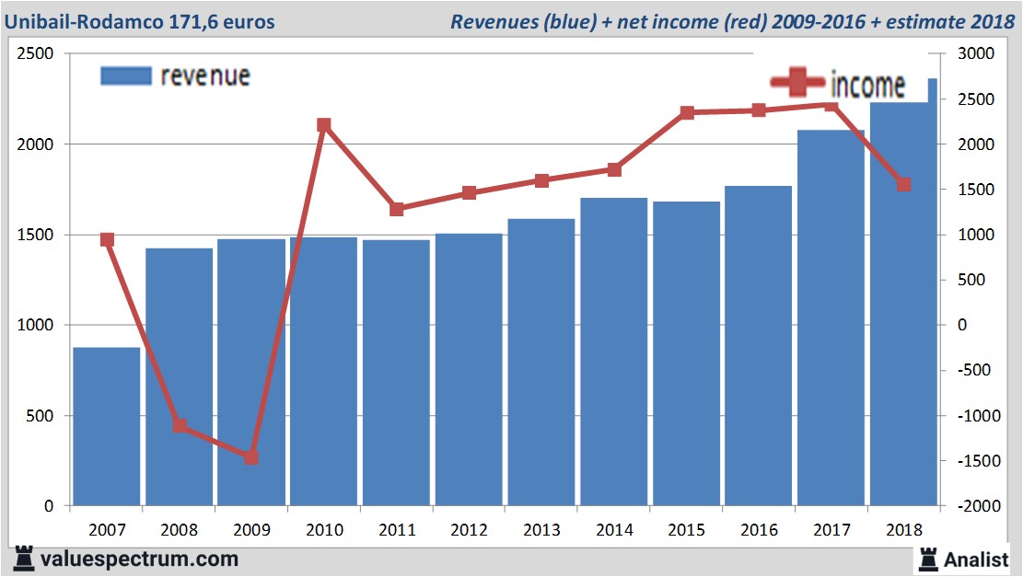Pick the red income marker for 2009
[251, 457]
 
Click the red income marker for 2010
[324, 125]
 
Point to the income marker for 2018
[903, 185]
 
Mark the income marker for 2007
[107, 240]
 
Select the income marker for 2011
[397, 210]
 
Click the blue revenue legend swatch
[125, 76]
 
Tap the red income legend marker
[796, 84]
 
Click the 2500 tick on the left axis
[35, 54]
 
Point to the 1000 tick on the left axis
[35, 326]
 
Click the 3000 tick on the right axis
[977, 54]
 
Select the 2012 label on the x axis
[469, 530]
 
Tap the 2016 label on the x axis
[758, 530]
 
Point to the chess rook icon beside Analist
[928, 559]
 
